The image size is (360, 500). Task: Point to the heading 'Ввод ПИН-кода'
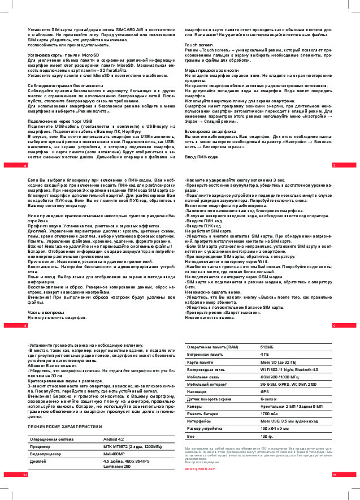201,156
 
